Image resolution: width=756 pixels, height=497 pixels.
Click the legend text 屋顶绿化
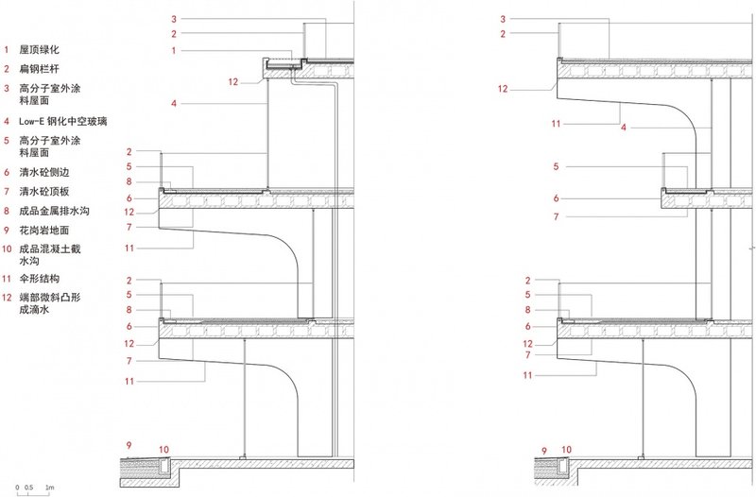[x=39, y=48]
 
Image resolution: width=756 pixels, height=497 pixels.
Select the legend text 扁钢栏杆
[x=39, y=68]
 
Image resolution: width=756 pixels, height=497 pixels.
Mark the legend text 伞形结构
[x=39, y=279]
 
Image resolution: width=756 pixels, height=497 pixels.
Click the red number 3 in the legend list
[x=7, y=88]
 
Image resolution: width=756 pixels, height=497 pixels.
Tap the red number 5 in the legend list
[x=7, y=141]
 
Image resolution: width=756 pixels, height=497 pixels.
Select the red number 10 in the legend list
[x=9, y=248]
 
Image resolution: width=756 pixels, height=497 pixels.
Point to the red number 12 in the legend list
[x=9, y=297]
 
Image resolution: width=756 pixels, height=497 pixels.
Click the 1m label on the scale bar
[x=50, y=487]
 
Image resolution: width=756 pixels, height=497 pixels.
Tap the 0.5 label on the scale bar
[x=29, y=487]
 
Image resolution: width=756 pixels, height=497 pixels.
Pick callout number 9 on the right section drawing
[x=543, y=451]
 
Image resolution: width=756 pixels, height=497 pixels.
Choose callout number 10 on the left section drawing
[x=163, y=449]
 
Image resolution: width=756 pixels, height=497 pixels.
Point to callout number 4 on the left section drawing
[x=174, y=102]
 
